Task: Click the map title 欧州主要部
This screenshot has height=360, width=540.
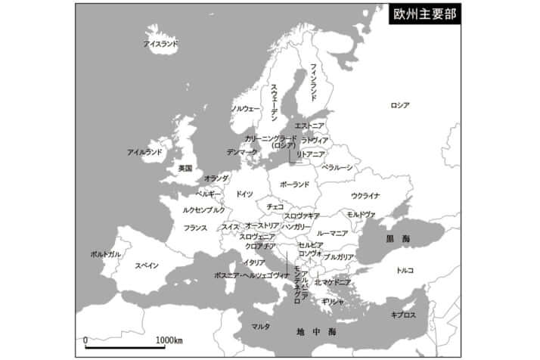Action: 425,15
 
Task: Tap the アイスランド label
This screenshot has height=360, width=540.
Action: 161,44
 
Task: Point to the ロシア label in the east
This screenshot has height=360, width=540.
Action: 399,105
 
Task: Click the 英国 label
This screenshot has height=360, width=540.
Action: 185,168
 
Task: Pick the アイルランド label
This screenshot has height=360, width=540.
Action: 144,152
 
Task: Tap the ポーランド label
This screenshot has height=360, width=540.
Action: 294,184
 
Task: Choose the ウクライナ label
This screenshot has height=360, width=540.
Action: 365,196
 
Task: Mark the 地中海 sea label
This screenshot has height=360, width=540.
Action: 316,331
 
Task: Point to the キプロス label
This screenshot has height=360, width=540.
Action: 403,315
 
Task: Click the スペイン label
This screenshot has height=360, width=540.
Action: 147,265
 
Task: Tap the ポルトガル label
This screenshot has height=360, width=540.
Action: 105,254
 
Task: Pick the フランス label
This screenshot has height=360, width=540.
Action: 195,227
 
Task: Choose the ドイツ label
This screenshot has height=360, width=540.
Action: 244,194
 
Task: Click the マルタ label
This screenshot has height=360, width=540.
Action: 260,327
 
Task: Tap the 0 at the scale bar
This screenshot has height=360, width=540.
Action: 85,340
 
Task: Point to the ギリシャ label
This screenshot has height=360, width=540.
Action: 333,301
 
